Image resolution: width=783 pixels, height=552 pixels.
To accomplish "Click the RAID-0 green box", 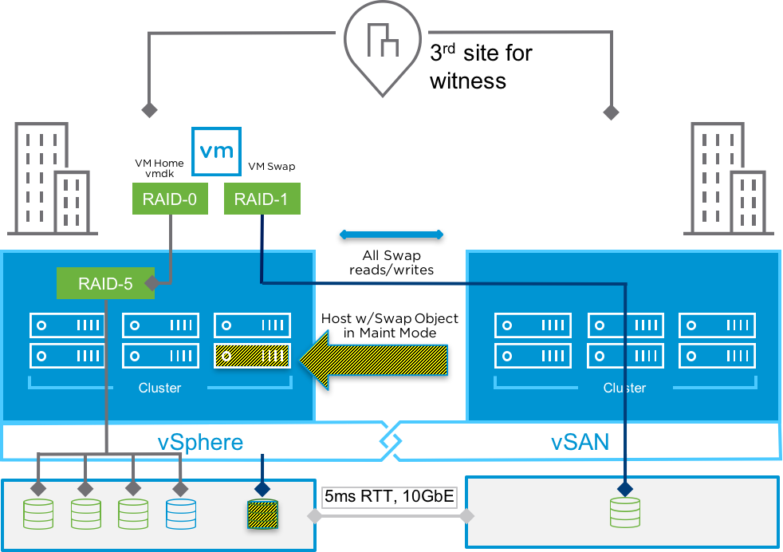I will click(170, 199).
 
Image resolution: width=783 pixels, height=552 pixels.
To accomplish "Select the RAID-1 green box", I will click(262, 199).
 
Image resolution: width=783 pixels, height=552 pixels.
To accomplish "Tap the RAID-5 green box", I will click(105, 283).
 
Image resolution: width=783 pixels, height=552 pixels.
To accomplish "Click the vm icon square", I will click(217, 152).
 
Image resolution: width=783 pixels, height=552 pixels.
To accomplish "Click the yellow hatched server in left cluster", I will click(252, 355).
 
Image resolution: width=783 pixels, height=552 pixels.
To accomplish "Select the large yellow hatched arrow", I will click(375, 360).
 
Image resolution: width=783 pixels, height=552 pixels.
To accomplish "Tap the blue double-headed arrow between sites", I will click(391, 235).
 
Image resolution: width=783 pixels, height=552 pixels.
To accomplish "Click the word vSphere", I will click(199, 442).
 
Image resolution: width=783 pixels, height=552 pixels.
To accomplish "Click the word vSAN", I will click(580, 442).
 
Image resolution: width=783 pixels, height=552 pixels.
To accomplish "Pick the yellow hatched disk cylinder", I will click(262, 515).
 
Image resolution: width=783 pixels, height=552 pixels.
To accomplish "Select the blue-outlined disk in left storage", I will click(181, 515).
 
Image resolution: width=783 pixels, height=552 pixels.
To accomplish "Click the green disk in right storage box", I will click(624, 512).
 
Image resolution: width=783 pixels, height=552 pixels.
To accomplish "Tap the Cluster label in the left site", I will click(159, 388).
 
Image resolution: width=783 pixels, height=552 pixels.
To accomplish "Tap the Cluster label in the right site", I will click(624, 388).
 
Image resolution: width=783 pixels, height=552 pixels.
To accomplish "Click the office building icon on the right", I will click(728, 179).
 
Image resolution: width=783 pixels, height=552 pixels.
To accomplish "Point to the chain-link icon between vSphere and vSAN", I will click(391, 440).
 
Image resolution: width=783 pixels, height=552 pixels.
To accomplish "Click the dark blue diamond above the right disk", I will click(624, 487).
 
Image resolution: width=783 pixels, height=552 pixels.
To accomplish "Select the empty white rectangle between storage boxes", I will click(389, 498).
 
